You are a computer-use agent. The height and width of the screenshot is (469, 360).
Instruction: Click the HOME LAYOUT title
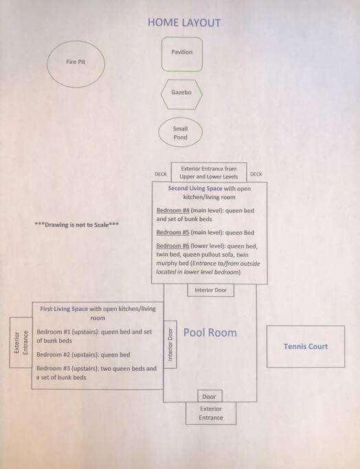tap(184, 23)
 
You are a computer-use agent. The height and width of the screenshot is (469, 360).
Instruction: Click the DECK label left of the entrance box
tap(161, 174)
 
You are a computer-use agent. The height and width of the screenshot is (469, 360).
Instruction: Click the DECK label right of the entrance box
tap(256, 174)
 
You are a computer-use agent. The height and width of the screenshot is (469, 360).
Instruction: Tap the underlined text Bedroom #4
tap(173, 210)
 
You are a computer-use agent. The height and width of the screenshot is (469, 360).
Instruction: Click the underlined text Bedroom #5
tap(172, 232)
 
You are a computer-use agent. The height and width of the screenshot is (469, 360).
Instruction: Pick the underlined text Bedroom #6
tap(172, 246)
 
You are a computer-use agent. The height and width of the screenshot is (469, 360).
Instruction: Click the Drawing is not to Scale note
tap(77, 225)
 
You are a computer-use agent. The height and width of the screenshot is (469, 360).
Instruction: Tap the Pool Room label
tap(210, 332)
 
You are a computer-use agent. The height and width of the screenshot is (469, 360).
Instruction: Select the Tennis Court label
tap(306, 346)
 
